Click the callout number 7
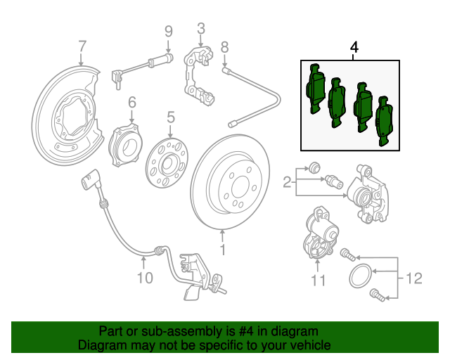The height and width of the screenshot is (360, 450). [82, 46]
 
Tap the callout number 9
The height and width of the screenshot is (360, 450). [169, 32]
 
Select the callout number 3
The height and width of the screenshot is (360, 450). [201, 29]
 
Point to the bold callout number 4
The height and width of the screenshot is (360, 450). [354, 47]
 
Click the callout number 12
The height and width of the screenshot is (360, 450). [414, 278]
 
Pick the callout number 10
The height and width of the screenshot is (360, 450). [145, 278]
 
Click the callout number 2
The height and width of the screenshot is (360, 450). [287, 182]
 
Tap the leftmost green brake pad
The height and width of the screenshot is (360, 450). [316, 89]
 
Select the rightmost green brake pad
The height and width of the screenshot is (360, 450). [385, 121]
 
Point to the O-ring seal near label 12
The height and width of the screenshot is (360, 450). [361, 276]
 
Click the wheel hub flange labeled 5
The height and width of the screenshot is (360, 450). [167, 163]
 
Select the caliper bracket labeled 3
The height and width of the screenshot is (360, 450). [198, 75]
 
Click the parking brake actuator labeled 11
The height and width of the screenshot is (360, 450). [321, 233]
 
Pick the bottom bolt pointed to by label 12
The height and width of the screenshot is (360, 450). [377, 295]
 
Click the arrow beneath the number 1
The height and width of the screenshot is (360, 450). [222, 236]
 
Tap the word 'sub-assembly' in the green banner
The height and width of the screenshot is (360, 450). [182, 332]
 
